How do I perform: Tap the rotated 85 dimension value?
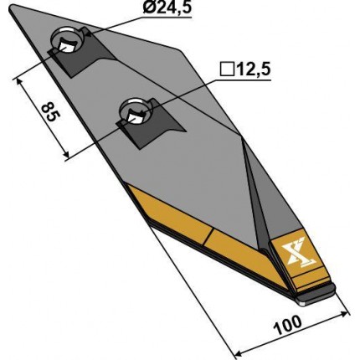coord(49,111)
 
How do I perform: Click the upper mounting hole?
coord(66,41)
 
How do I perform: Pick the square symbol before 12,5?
coord(226,69)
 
